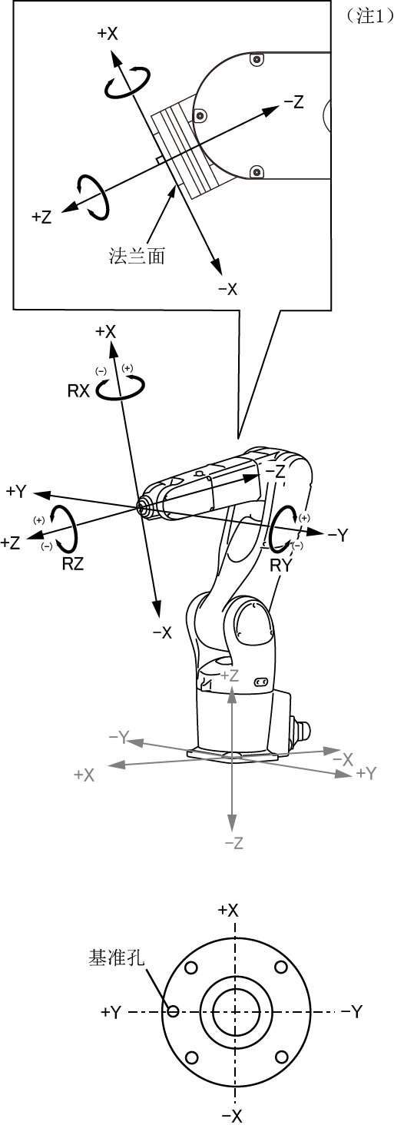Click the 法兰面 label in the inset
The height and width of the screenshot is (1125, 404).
click(137, 256)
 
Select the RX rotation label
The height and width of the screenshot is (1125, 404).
click(78, 391)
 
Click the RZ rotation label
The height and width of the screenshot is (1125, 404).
click(73, 564)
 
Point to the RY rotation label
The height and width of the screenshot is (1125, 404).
click(280, 566)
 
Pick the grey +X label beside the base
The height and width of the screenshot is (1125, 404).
click(84, 775)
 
